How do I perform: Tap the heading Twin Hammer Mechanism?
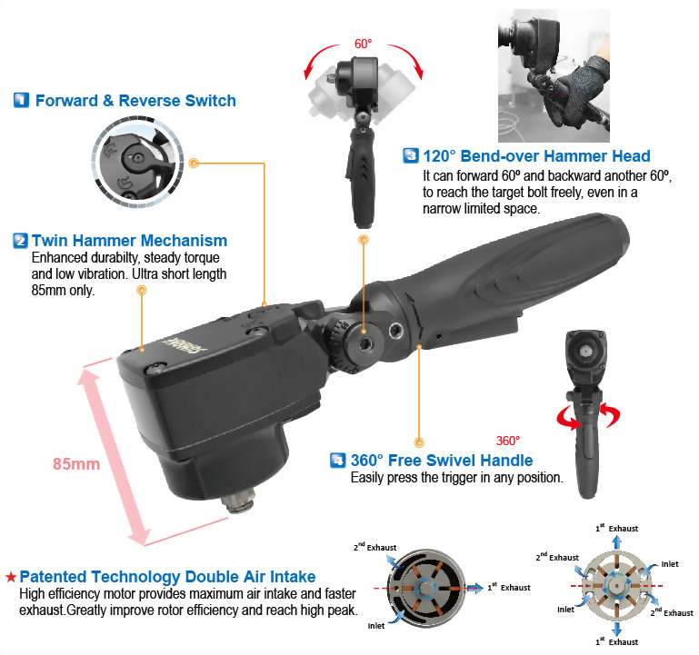pyautogui.click(x=129, y=241)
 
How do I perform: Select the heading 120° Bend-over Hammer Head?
pyautogui.click(x=536, y=156)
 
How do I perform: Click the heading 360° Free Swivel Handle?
pyautogui.click(x=442, y=461)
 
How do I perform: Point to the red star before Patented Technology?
pyautogui.click(x=10, y=577)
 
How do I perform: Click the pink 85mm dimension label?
pyautogui.click(x=75, y=463)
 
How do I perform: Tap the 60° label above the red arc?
pyautogui.click(x=364, y=43)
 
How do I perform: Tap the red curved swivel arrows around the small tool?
pyautogui.click(x=589, y=417)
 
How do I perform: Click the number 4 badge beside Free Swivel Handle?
pyautogui.click(x=337, y=461)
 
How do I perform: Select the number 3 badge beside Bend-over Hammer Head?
pyautogui.click(x=411, y=156)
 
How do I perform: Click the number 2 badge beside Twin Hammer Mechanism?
pyautogui.click(x=20, y=241)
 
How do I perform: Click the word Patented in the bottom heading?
pyautogui.click(x=56, y=577)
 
